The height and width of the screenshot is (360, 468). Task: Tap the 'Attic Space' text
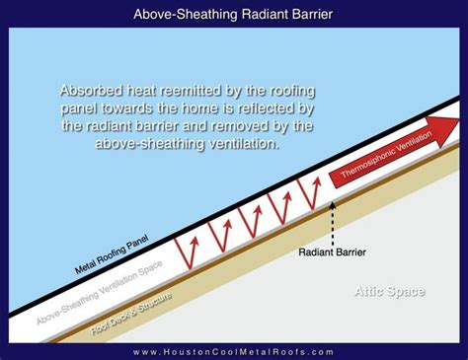coord(390,291)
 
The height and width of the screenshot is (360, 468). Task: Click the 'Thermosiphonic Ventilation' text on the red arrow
coord(380,152)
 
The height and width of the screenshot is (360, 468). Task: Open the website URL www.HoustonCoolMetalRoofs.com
coord(234,351)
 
